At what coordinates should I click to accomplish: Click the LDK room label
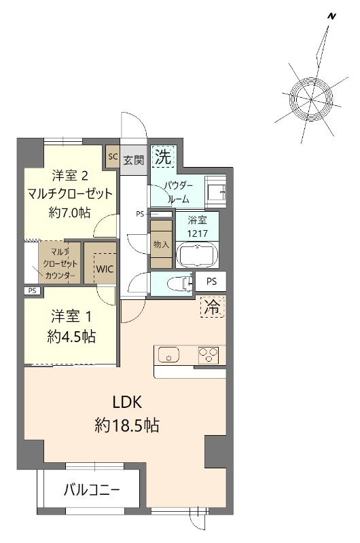pos(127,402)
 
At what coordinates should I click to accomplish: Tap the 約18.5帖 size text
pos(127,426)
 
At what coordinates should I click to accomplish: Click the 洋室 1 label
pos(71,316)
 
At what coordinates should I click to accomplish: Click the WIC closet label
pos(105,268)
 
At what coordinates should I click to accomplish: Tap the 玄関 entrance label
pos(134,160)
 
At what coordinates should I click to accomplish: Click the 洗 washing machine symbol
pos(162,157)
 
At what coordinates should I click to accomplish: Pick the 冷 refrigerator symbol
pos(213,307)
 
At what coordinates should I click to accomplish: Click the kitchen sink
pos(168,354)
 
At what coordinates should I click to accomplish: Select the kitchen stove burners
pos(208,354)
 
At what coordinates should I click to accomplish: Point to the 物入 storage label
pos(161,244)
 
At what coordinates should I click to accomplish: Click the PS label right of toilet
pos(211,281)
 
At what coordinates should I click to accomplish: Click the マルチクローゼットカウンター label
pos(60,263)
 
